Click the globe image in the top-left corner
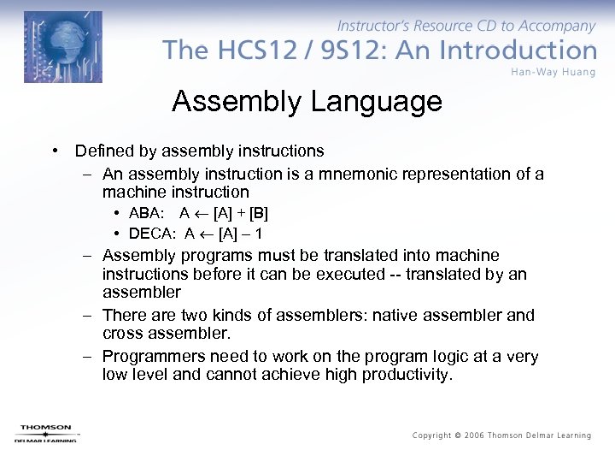tap(62, 46)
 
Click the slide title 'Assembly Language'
tap(307, 102)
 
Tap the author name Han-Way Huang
tap(553, 71)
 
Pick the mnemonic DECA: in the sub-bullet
tap(153, 233)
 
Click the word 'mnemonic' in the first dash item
tap(375, 174)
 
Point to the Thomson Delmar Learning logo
tap(46, 433)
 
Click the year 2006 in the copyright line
tap(475, 435)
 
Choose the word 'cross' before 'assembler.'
tap(123, 334)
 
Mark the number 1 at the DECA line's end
tap(259, 233)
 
